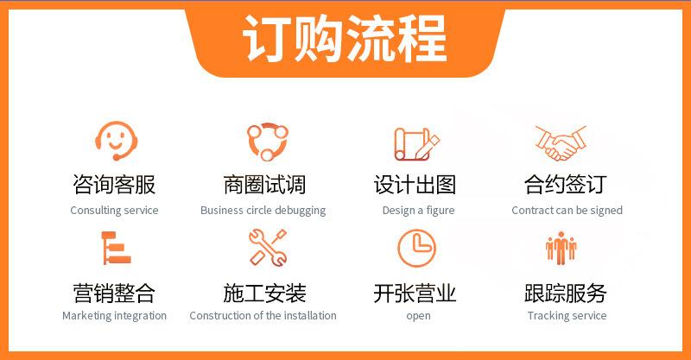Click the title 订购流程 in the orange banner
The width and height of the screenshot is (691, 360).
pyautogui.click(x=345, y=38)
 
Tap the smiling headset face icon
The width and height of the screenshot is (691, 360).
pyautogui.click(x=117, y=141)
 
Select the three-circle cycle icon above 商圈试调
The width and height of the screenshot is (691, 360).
pyautogui.click(x=268, y=142)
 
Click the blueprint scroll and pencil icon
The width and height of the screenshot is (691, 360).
pyautogui.click(x=416, y=143)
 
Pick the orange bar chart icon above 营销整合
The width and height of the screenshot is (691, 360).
pyautogui.click(x=116, y=248)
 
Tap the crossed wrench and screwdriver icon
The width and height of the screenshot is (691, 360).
pyautogui.click(x=268, y=247)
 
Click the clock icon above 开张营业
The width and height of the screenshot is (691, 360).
pyautogui.click(x=416, y=248)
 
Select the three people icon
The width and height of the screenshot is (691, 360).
pyautogui.click(x=561, y=248)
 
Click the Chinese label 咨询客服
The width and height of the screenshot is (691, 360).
pyautogui.click(x=114, y=185)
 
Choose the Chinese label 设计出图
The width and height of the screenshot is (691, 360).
pyautogui.click(x=415, y=185)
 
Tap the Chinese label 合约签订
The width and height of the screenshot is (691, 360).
pyautogui.click(x=566, y=185)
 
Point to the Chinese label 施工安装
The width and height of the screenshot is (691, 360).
pyautogui.click(x=264, y=294)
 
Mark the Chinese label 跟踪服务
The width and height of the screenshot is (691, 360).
pyautogui.click(x=566, y=294)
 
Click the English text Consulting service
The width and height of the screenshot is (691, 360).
pyautogui.click(x=114, y=211)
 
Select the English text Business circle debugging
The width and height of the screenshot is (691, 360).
pyautogui.click(x=263, y=211)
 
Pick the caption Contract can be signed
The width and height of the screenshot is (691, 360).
pyautogui.click(x=567, y=211)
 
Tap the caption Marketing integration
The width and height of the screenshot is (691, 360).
pyautogui.click(x=114, y=316)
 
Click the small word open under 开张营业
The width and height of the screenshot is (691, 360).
pyautogui.click(x=418, y=316)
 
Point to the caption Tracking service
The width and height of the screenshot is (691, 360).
pyautogui.click(x=567, y=316)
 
